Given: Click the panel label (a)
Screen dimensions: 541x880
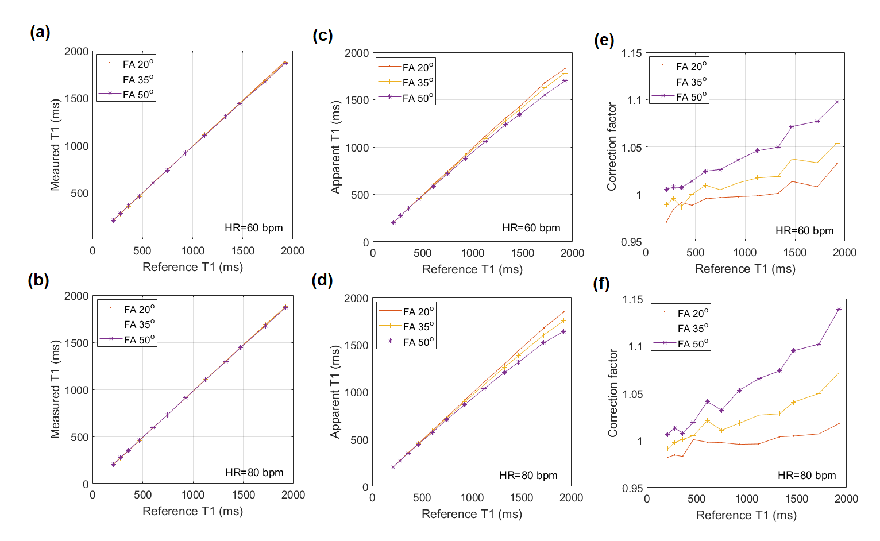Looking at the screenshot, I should (40, 32).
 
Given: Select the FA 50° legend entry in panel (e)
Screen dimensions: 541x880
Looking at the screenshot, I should (691, 96).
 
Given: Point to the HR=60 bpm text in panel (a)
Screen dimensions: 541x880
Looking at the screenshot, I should (253, 228).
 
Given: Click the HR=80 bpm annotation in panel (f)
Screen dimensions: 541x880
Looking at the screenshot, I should (806, 476).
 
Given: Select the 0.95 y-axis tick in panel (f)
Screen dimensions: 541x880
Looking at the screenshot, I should (631, 488).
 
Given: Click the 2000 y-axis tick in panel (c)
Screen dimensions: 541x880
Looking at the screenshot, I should (357, 53).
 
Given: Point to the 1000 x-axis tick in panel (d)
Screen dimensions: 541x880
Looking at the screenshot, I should (472, 498).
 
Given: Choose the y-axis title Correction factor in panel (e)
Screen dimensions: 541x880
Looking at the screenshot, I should (612, 146).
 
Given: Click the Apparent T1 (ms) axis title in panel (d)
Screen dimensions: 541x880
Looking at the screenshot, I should (335, 392).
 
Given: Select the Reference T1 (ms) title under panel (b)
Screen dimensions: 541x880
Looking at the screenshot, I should (192, 511).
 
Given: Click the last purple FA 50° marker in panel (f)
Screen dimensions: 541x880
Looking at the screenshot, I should (839, 310).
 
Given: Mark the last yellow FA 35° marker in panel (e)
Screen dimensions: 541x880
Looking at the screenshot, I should (837, 144).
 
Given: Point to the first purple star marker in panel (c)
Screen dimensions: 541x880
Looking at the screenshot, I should (393, 223).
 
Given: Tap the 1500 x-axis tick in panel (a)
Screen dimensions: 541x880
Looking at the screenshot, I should (243, 251).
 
